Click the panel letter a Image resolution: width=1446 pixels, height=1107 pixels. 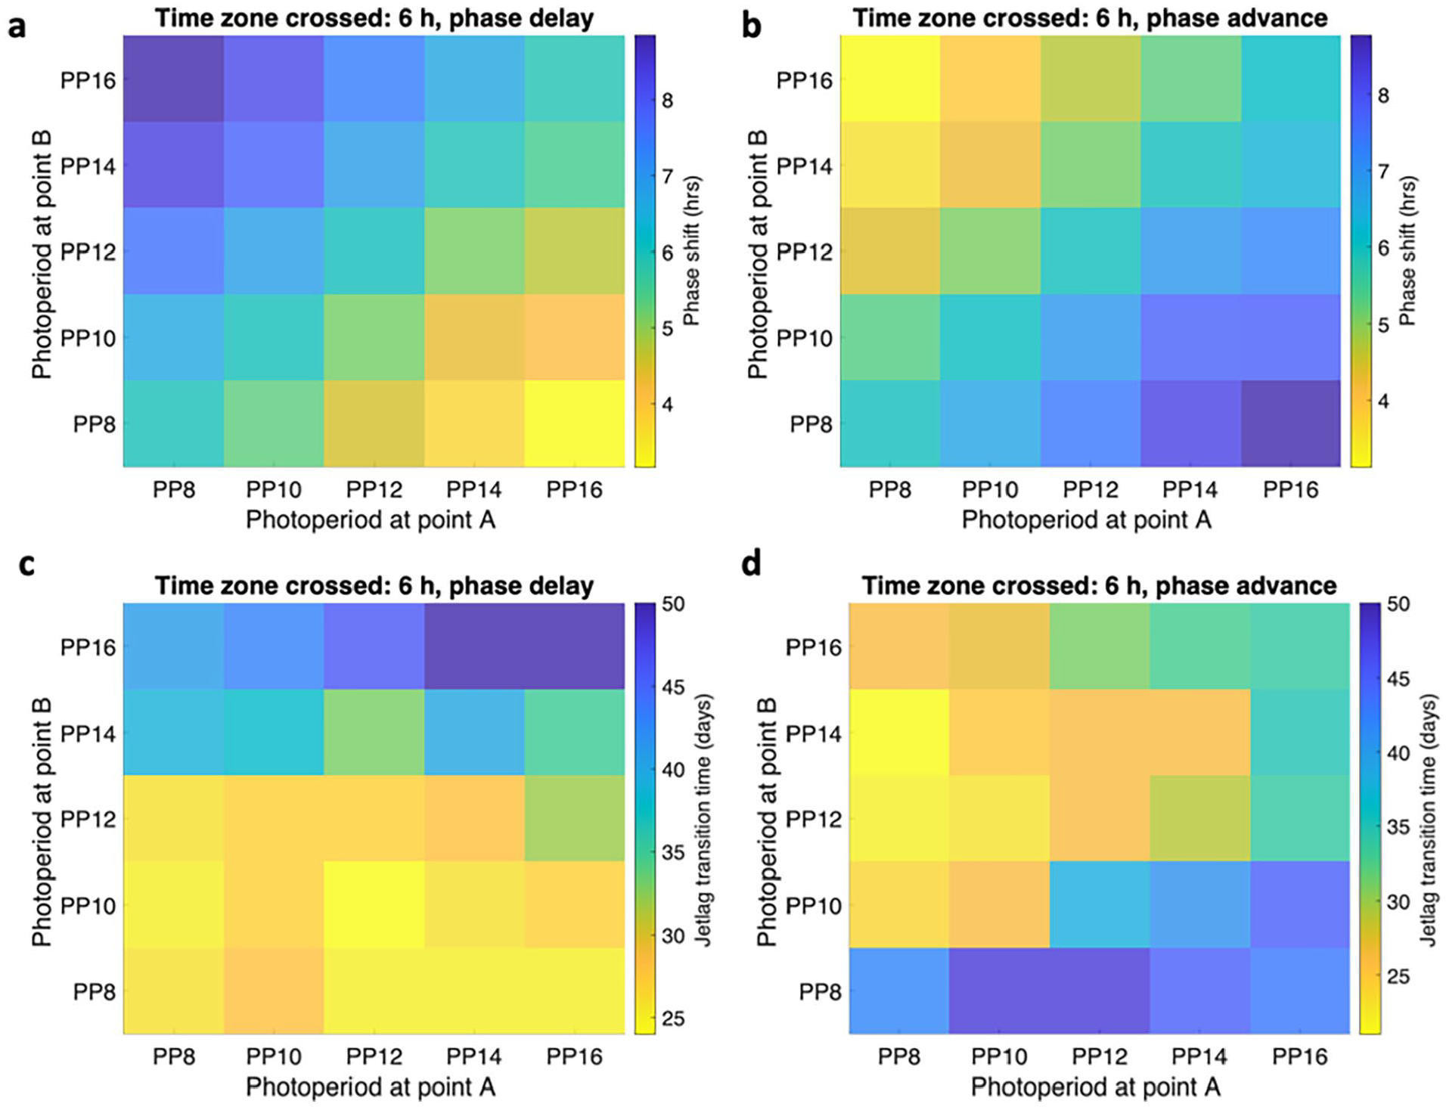tap(17, 26)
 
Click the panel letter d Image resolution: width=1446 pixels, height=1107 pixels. tap(751, 563)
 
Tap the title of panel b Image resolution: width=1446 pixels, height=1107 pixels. tap(1090, 18)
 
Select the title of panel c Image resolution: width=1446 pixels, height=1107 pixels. tap(374, 585)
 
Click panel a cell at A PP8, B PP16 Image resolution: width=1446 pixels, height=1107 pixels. tap(174, 79)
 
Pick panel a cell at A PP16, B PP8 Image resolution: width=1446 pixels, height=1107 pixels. tap(575, 423)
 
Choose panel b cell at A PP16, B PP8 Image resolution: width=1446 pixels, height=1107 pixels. tap(1291, 423)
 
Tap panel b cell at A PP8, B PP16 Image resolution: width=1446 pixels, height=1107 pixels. tap(890, 79)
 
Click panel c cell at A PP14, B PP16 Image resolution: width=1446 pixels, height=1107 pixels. tap(474, 646)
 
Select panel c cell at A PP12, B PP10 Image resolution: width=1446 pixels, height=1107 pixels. tap(374, 904)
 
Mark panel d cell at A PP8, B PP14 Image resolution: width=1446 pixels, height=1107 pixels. tap(899, 732)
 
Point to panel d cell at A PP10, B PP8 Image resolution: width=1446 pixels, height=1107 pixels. tap(999, 991)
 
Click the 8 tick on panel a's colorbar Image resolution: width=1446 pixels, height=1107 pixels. tap(667, 101)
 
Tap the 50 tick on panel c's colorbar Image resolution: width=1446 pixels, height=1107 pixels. tap(673, 604)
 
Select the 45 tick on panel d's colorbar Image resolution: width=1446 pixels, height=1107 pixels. tap(1399, 678)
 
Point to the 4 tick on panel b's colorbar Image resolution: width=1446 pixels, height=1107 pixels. tap(1383, 401)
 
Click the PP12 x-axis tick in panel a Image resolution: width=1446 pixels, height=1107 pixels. tap(374, 490)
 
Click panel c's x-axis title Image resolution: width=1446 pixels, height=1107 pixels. tap(371, 1087)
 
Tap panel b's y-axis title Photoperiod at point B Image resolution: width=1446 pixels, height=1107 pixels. tap(757, 254)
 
